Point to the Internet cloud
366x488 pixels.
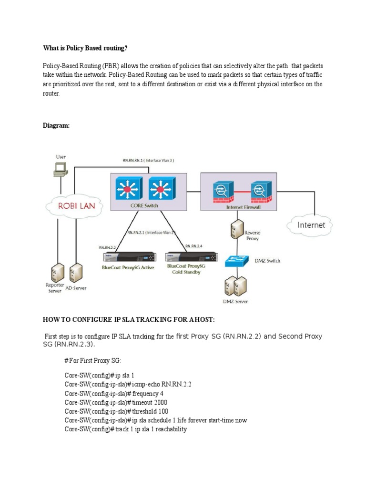(311, 224)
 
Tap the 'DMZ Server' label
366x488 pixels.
(235, 302)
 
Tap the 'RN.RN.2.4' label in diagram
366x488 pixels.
(194, 246)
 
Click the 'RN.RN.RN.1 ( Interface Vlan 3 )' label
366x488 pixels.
(148, 161)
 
